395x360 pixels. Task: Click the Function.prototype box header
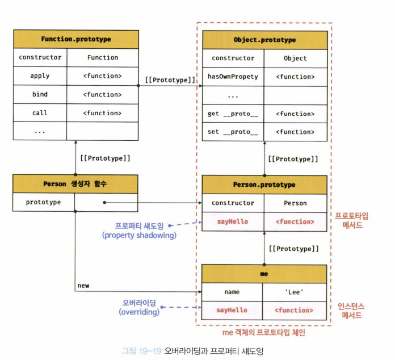[x=76, y=39]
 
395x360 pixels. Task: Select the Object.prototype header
[x=264, y=40]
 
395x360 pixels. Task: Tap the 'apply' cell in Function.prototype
[x=40, y=76]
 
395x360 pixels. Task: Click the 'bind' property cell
[x=40, y=94]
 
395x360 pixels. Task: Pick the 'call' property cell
[x=40, y=113]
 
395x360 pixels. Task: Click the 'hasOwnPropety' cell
[x=233, y=77]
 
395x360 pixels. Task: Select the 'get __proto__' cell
[x=233, y=114]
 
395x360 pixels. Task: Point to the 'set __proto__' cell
[x=233, y=132]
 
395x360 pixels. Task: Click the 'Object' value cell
[x=295, y=58]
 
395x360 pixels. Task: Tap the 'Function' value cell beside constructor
[x=103, y=57]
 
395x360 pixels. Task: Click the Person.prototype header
[x=264, y=185]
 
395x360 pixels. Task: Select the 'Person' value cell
[x=295, y=203]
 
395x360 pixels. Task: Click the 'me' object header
[x=264, y=274]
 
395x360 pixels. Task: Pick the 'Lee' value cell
[x=295, y=292]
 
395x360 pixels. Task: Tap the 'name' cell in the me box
[x=232, y=292]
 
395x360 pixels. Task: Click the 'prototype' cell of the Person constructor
[x=44, y=202]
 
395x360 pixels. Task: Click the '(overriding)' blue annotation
[x=139, y=312]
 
